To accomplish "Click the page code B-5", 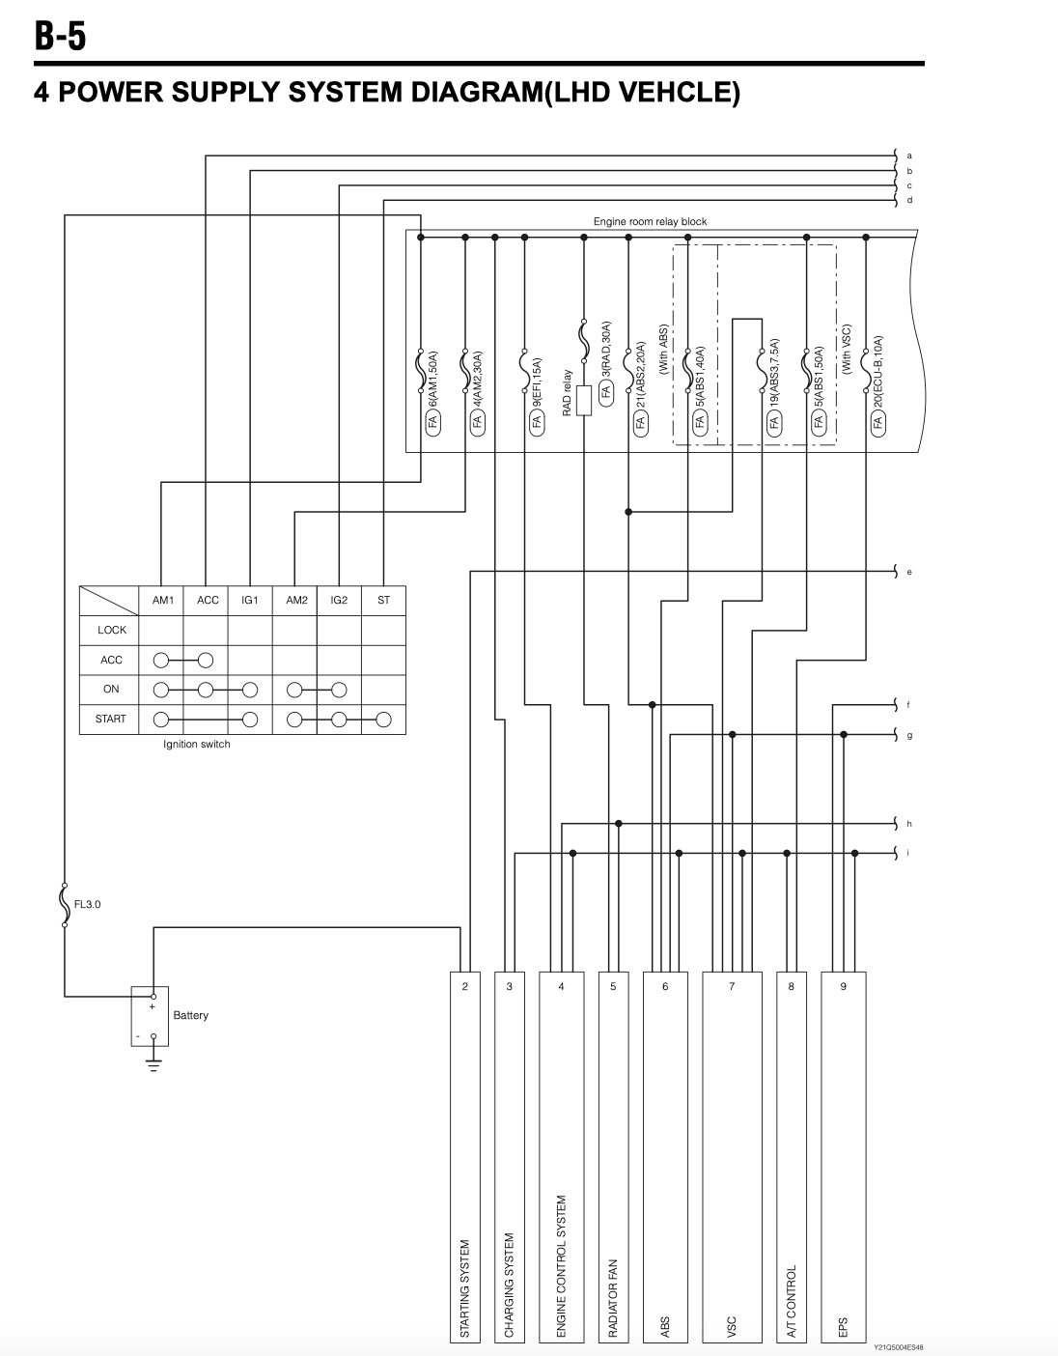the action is (x=60, y=36).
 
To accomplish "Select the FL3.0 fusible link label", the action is (x=87, y=904).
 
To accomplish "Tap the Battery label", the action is (x=191, y=1015).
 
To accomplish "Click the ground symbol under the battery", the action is (x=153, y=1065).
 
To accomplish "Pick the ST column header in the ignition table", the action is (x=383, y=601).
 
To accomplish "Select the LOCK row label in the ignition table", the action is (x=112, y=631).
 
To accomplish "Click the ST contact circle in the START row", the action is (x=384, y=720).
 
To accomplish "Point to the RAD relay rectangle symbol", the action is (x=584, y=400).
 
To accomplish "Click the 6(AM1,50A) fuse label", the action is (x=433, y=380).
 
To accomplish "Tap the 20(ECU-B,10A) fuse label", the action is (x=877, y=373).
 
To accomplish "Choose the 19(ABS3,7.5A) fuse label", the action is (x=774, y=375).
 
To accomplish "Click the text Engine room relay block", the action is (x=650, y=221).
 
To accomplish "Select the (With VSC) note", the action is (x=846, y=349).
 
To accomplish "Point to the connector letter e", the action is (x=909, y=572).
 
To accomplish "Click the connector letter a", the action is (x=909, y=155).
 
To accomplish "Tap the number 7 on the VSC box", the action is (x=732, y=986).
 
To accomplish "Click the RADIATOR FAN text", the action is (x=613, y=1298).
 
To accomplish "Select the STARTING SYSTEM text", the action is (x=464, y=1288).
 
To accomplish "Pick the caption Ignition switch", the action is (x=196, y=744).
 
